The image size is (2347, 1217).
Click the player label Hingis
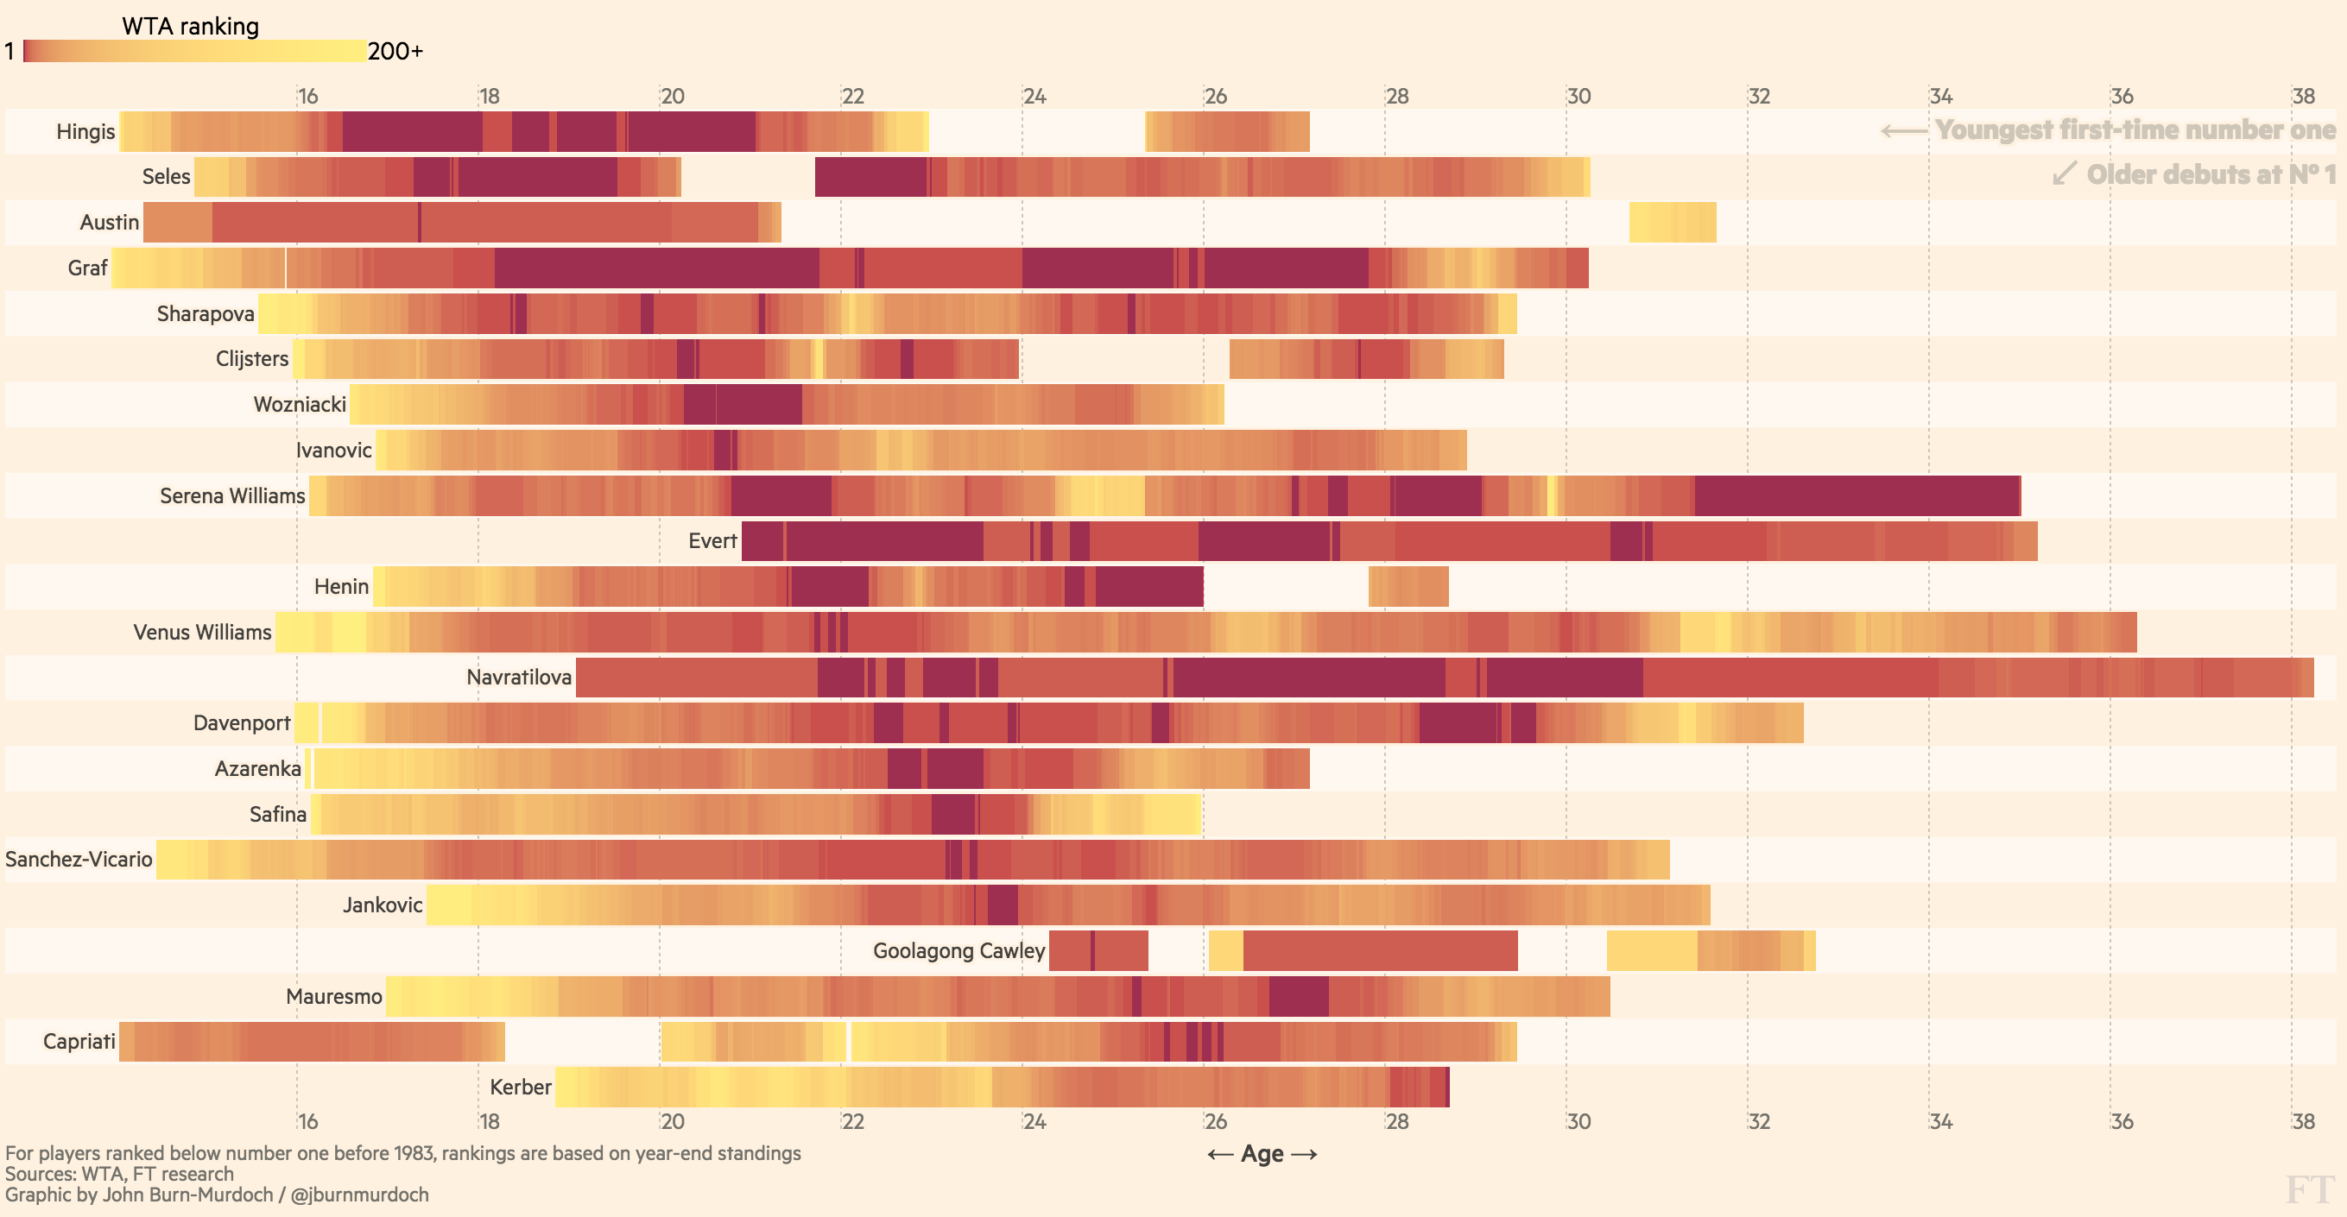pyautogui.click(x=85, y=131)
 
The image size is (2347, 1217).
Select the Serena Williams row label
pyautogui.click(x=232, y=495)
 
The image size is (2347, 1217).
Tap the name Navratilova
pyautogui.click(x=518, y=677)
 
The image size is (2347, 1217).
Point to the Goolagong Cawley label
pyautogui.click(x=958, y=950)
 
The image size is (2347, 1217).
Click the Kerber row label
pyautogui.click(x=520, y=1087)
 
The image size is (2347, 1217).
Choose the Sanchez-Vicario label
pyautogui.click(x=79, y=859)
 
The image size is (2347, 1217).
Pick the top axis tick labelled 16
pyautogui.click(x=308, y=96)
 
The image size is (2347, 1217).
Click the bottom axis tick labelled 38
pyautogui.click(x=2303, y=1120)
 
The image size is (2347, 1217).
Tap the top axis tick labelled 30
pyautogui.click(x=1578, y=96)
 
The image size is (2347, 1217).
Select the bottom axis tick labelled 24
pyautogui.click(x=1034, y=1120)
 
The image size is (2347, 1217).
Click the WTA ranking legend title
pyautogui.click(x=191, y=27)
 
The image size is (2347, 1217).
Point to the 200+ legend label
pyautogui.click(x=395, y=51)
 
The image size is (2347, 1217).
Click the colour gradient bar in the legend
pyautogui.click(x=195, y=51)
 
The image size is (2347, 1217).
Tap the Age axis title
pyautogui.click(x=1262, y=1154)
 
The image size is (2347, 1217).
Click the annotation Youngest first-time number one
pyautogui.click(x=2134, y=130)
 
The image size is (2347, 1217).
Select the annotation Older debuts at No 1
pyautogui.click(x=2210, y=174)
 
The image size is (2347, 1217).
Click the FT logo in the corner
pyautogui.click(x=2311, y=1189)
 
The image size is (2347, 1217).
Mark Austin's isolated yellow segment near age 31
pyautogui.click(x=1672, y=223)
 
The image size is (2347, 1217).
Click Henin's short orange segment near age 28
pyautogui.click(x=1408, y=586)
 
